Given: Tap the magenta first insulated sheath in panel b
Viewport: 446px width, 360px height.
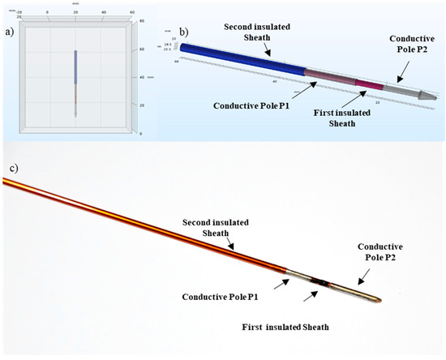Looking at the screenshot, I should pyautogui.click(x=368, y=84).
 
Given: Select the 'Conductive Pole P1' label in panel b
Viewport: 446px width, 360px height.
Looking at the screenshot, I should pyautogui.click(x=251, y=105).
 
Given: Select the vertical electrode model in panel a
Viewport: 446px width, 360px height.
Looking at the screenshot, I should pyautogui.click(x=75, y=81).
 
